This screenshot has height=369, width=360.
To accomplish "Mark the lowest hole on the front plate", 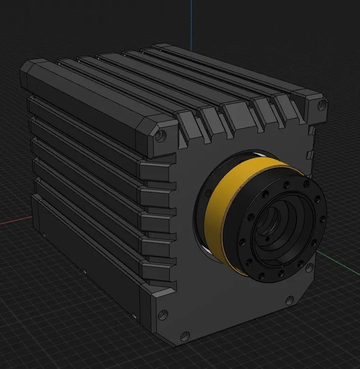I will click(x=163, y=314).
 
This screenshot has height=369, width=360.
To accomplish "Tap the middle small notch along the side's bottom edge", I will click(x=84, y=272).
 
